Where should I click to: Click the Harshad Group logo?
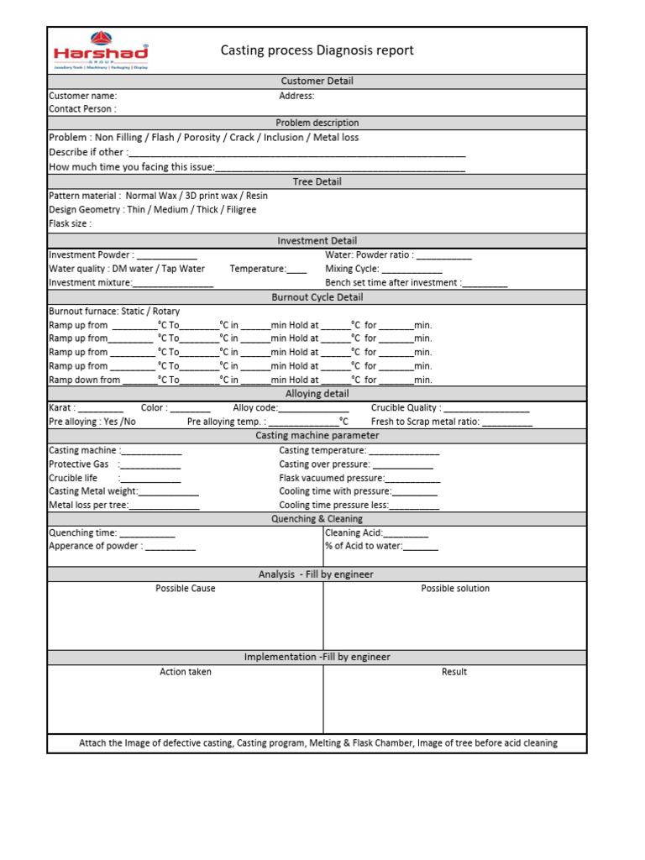point(100,53)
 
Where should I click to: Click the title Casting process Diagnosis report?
point(317,50)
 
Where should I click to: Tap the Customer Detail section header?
point(317,81)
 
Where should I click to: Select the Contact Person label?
point(82,109)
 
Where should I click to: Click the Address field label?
point(296,96)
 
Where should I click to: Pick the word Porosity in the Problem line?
point(202,138)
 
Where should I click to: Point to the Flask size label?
point(71,224)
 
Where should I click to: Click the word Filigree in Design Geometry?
point(239,210)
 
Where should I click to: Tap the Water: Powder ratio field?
point(398,255)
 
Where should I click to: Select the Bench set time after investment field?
point(416,283)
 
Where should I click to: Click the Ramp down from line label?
point(85,380)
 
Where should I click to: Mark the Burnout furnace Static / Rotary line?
point(114,312)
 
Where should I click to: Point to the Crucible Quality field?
point(449,408)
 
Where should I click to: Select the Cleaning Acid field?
point(376,533)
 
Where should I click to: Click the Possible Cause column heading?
point(185,589)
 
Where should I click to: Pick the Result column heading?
point(454,672)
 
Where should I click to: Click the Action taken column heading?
point(186,672)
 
